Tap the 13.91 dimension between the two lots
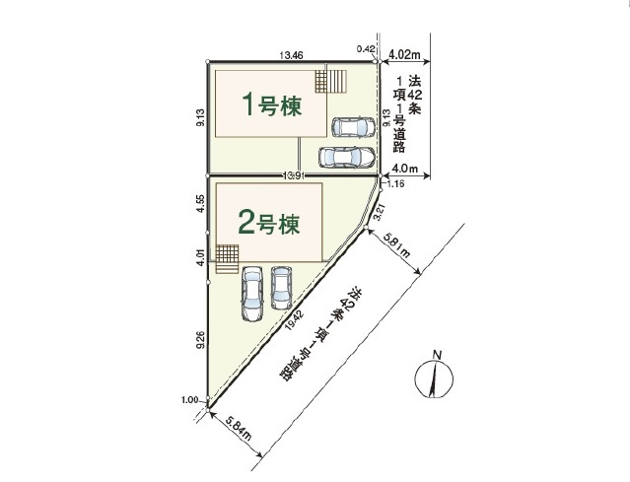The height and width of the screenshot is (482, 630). pos(291,175)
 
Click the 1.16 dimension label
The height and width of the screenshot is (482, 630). pos(397,184)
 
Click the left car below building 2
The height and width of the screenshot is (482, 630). pos(250,293)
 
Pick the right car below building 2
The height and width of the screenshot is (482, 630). pos(282,284)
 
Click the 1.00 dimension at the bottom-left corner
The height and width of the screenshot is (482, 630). pos(191,399)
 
